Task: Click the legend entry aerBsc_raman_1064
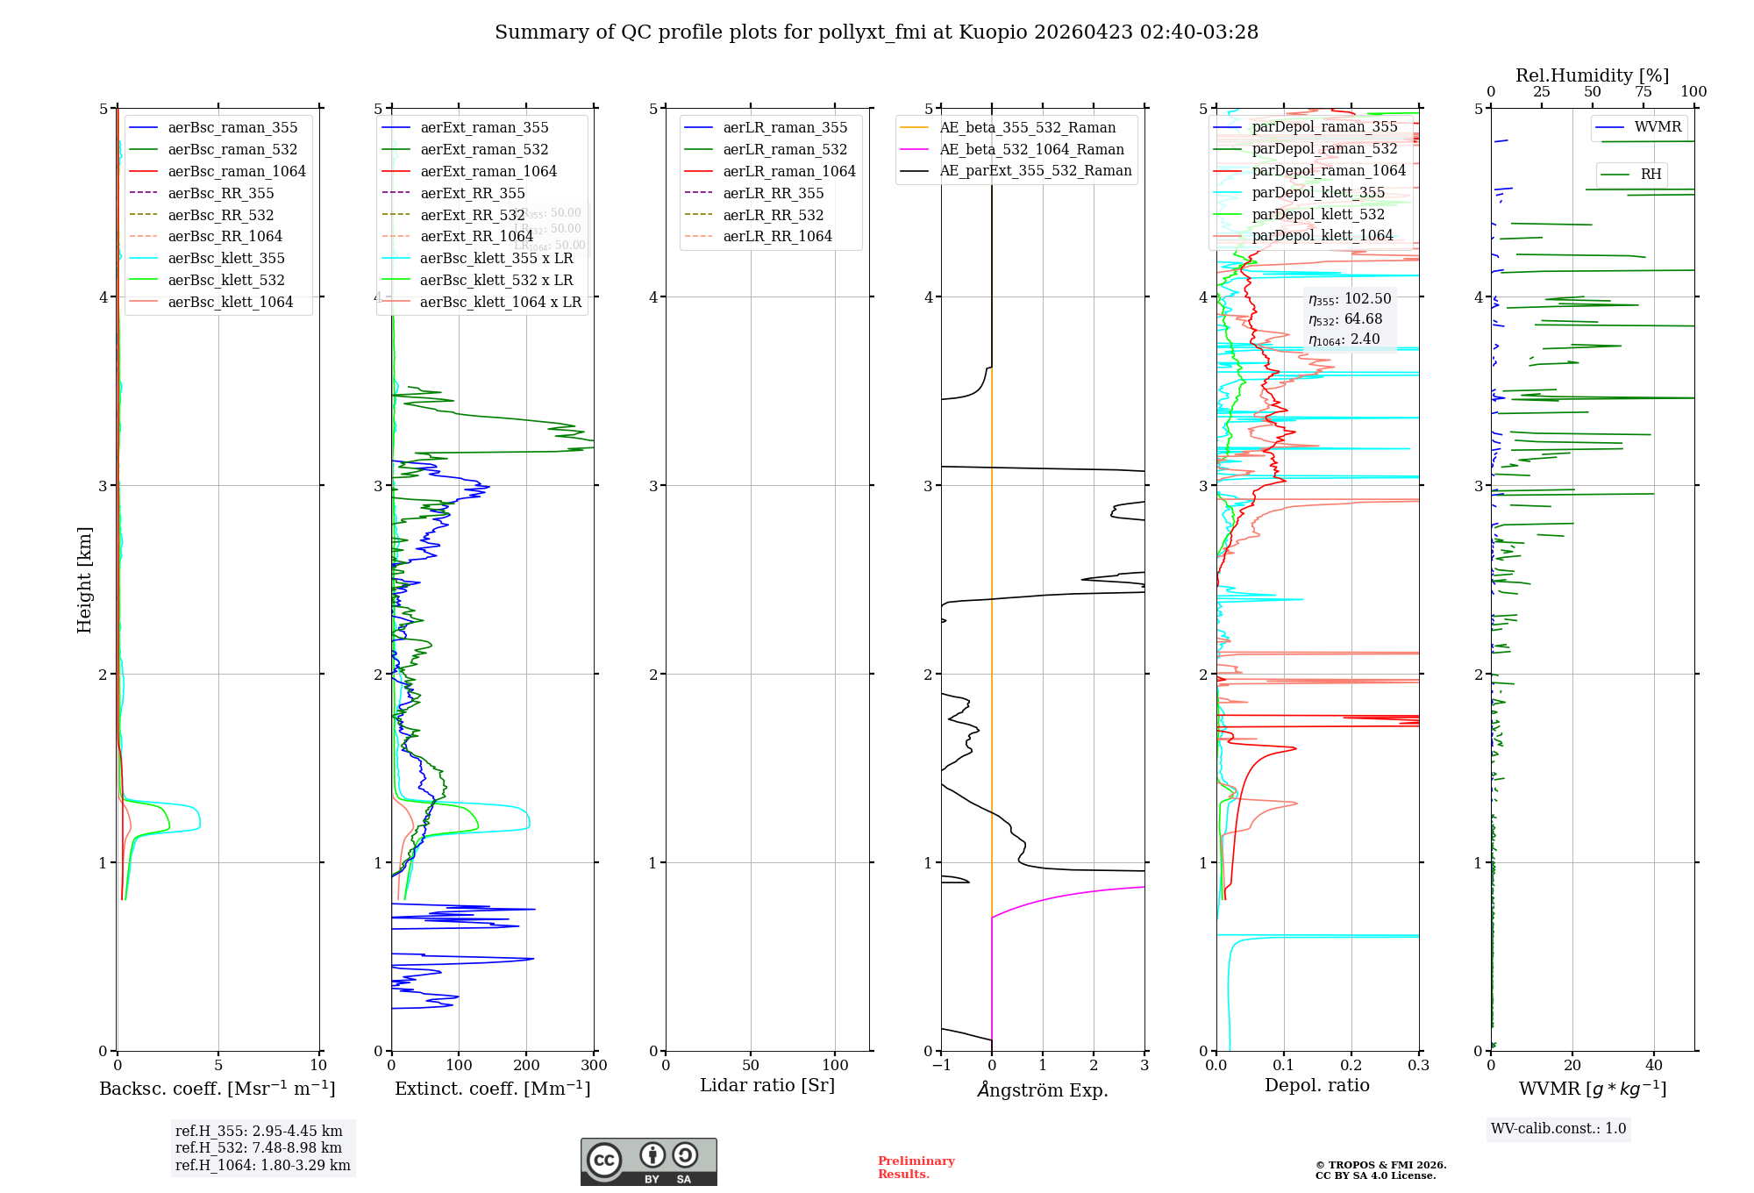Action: [x=237, y=171]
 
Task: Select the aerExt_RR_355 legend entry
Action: [x=472, y=193]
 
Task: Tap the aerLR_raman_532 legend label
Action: [x=785, y=149]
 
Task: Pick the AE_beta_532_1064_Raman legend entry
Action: [x=1031, y=149]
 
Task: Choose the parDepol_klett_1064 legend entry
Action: [x=1322, y=235]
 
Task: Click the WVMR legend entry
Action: [x=1658, y=127]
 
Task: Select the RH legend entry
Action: [x=1651, y=175]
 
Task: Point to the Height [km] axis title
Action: [x=84, y=580]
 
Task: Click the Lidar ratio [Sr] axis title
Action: [x=767, y=1085]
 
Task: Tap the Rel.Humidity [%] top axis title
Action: [x=1592, y=75]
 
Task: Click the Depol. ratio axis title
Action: [x=1316, y=1085]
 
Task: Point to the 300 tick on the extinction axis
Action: [x=594, y=1066]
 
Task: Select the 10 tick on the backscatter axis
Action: [x=318, y=1066]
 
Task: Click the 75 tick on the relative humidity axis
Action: [x=1643, y=92]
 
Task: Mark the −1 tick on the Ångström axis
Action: [x=941, y=1066]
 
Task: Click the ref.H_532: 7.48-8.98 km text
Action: [x=258, y=1148]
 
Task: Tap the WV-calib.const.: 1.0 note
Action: [x=1558, y=1129]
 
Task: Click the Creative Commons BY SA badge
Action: [x=648, y=1162]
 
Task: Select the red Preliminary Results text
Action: [x=916, y=1168]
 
